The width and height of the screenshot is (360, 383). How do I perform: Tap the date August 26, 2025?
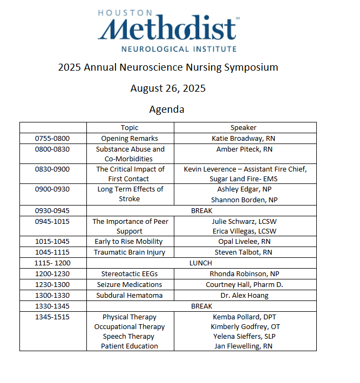coord(168,88)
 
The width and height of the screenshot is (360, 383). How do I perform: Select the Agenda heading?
coord(167,109)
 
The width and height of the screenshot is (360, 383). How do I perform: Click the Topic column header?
coord(130,128)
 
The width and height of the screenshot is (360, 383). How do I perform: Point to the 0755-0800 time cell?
coord(52,139)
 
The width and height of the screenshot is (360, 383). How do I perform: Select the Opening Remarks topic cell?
coord(130,139)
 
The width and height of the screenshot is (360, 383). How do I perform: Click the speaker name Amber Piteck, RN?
coord(244,149)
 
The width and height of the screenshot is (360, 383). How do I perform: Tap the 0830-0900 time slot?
coord(52,169)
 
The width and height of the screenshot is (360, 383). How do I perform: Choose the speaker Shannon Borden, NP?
coord(244,199)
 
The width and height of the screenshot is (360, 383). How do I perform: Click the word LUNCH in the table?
coord(201,263)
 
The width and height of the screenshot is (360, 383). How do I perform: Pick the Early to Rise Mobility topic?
coord(130,241)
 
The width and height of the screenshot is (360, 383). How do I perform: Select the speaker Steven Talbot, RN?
coord(244,252)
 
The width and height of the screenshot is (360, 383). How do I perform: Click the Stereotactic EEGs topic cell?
coord(130,274)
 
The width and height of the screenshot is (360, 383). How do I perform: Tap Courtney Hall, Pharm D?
coord(244,284)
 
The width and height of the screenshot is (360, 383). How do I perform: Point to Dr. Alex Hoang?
coord(244,296)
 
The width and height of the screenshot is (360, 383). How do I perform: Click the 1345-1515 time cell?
coord(52,317)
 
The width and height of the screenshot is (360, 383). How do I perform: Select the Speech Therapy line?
coord(130,336)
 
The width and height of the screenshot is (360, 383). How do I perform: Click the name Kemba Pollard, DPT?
coord(244,317)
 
